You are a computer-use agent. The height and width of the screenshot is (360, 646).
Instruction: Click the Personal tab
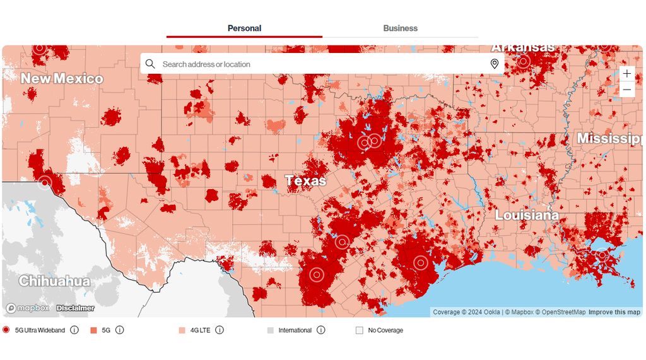coord(244,28)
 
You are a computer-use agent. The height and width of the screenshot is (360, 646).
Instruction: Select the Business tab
coord(400,28)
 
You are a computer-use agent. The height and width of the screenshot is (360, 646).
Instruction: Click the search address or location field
coord(315,64)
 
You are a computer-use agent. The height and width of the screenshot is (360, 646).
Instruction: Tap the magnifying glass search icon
coord(150,64)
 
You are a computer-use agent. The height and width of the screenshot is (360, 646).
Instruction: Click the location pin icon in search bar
coord(495,64)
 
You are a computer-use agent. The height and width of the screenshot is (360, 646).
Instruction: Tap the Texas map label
coord(306,181)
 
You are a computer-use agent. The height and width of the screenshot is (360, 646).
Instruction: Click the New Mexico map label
coord(62,79)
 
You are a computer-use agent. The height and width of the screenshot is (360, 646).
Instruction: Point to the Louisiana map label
coord(526,215)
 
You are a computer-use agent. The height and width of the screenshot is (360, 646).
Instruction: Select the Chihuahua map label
coord(54,281)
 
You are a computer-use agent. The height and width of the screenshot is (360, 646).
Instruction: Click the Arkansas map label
coord(523,48)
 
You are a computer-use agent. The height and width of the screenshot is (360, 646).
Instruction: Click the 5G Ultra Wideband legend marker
coord(6,330)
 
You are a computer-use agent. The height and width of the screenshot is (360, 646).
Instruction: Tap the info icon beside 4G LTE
coord(218,330)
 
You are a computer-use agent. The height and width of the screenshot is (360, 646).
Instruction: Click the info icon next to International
coord(320,330)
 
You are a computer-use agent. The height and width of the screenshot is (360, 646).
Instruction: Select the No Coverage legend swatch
coord(360,330)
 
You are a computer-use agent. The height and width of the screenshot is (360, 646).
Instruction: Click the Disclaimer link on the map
coord(74,308)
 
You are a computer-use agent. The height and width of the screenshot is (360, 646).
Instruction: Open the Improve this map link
coord(614,312)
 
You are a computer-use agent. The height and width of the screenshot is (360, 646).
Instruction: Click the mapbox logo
coord(28,308)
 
